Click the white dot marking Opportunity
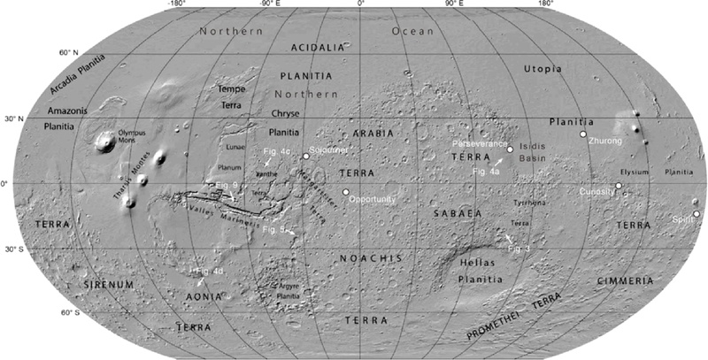[346, 192]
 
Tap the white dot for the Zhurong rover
[583, 134]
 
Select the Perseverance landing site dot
[510, 149]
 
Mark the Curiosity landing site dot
[619, 186]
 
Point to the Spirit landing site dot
[696, 214]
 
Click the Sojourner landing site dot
[306, 157]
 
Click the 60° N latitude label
[70, 54]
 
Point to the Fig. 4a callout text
[487, 170]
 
